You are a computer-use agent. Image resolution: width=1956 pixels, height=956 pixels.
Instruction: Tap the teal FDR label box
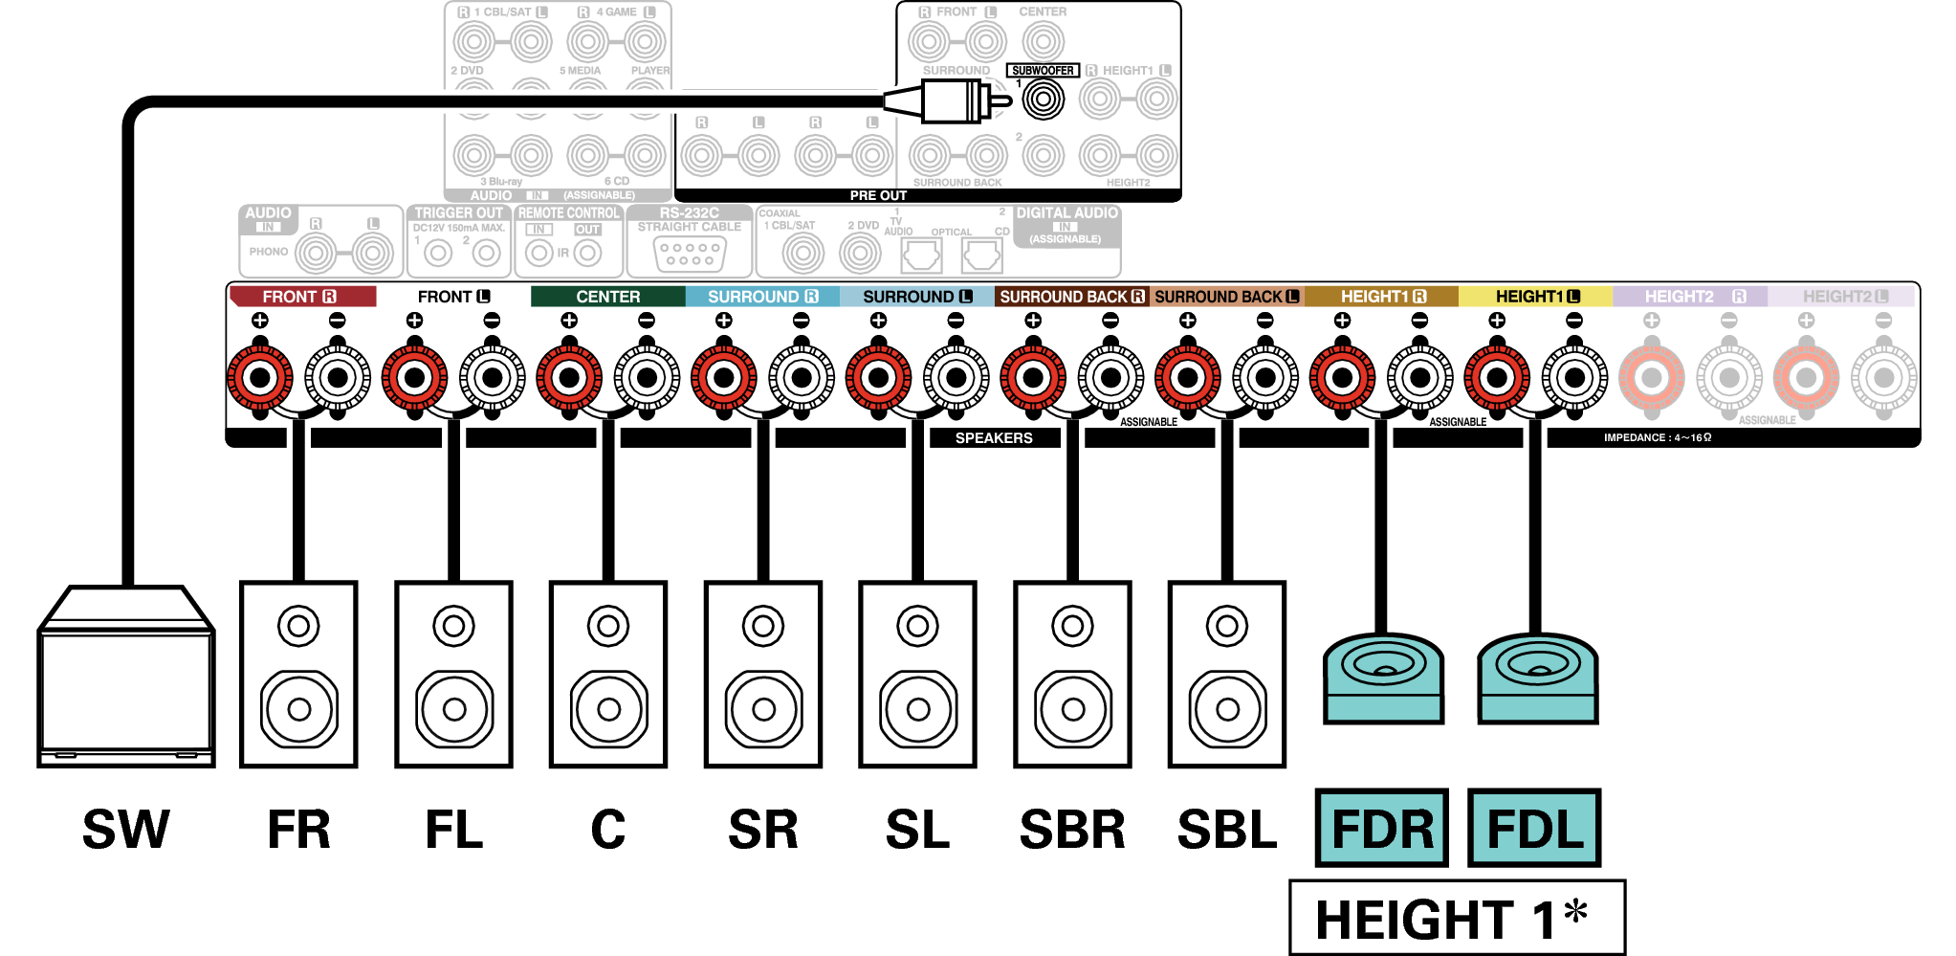[1381, 828]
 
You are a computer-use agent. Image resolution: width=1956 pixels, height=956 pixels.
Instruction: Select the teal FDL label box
[1534, 828]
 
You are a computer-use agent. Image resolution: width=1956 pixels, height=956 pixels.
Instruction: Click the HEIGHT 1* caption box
[1456, 918]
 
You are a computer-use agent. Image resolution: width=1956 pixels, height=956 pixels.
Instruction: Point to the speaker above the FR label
[298, 674]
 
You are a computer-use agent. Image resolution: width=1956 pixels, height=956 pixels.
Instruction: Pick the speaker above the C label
[608, 674]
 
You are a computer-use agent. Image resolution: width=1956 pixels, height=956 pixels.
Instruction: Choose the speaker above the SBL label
[1227, 674]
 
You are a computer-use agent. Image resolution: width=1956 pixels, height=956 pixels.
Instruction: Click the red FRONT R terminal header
[302, 297]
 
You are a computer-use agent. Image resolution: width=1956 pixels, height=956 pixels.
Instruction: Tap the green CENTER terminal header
[607, 297]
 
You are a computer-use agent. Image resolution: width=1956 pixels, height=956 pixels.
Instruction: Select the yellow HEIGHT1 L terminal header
[1535, 297]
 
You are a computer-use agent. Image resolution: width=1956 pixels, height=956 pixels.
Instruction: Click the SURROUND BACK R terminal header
[1071, 297]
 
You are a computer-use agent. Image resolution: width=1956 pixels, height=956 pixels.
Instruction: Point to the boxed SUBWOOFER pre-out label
[1043, 71]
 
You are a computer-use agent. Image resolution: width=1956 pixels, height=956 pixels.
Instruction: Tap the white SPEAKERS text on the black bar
[994, 438]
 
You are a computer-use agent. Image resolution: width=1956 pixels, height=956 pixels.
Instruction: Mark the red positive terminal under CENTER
[569, 377]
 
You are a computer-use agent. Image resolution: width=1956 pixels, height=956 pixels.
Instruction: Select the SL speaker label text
[917, 829]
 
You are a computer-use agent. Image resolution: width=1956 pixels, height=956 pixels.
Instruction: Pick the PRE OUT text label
[878, 195]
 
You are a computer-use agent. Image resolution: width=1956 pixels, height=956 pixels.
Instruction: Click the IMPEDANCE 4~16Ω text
[1658, 438]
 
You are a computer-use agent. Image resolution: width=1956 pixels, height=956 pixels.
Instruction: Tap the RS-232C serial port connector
[690, 254]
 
